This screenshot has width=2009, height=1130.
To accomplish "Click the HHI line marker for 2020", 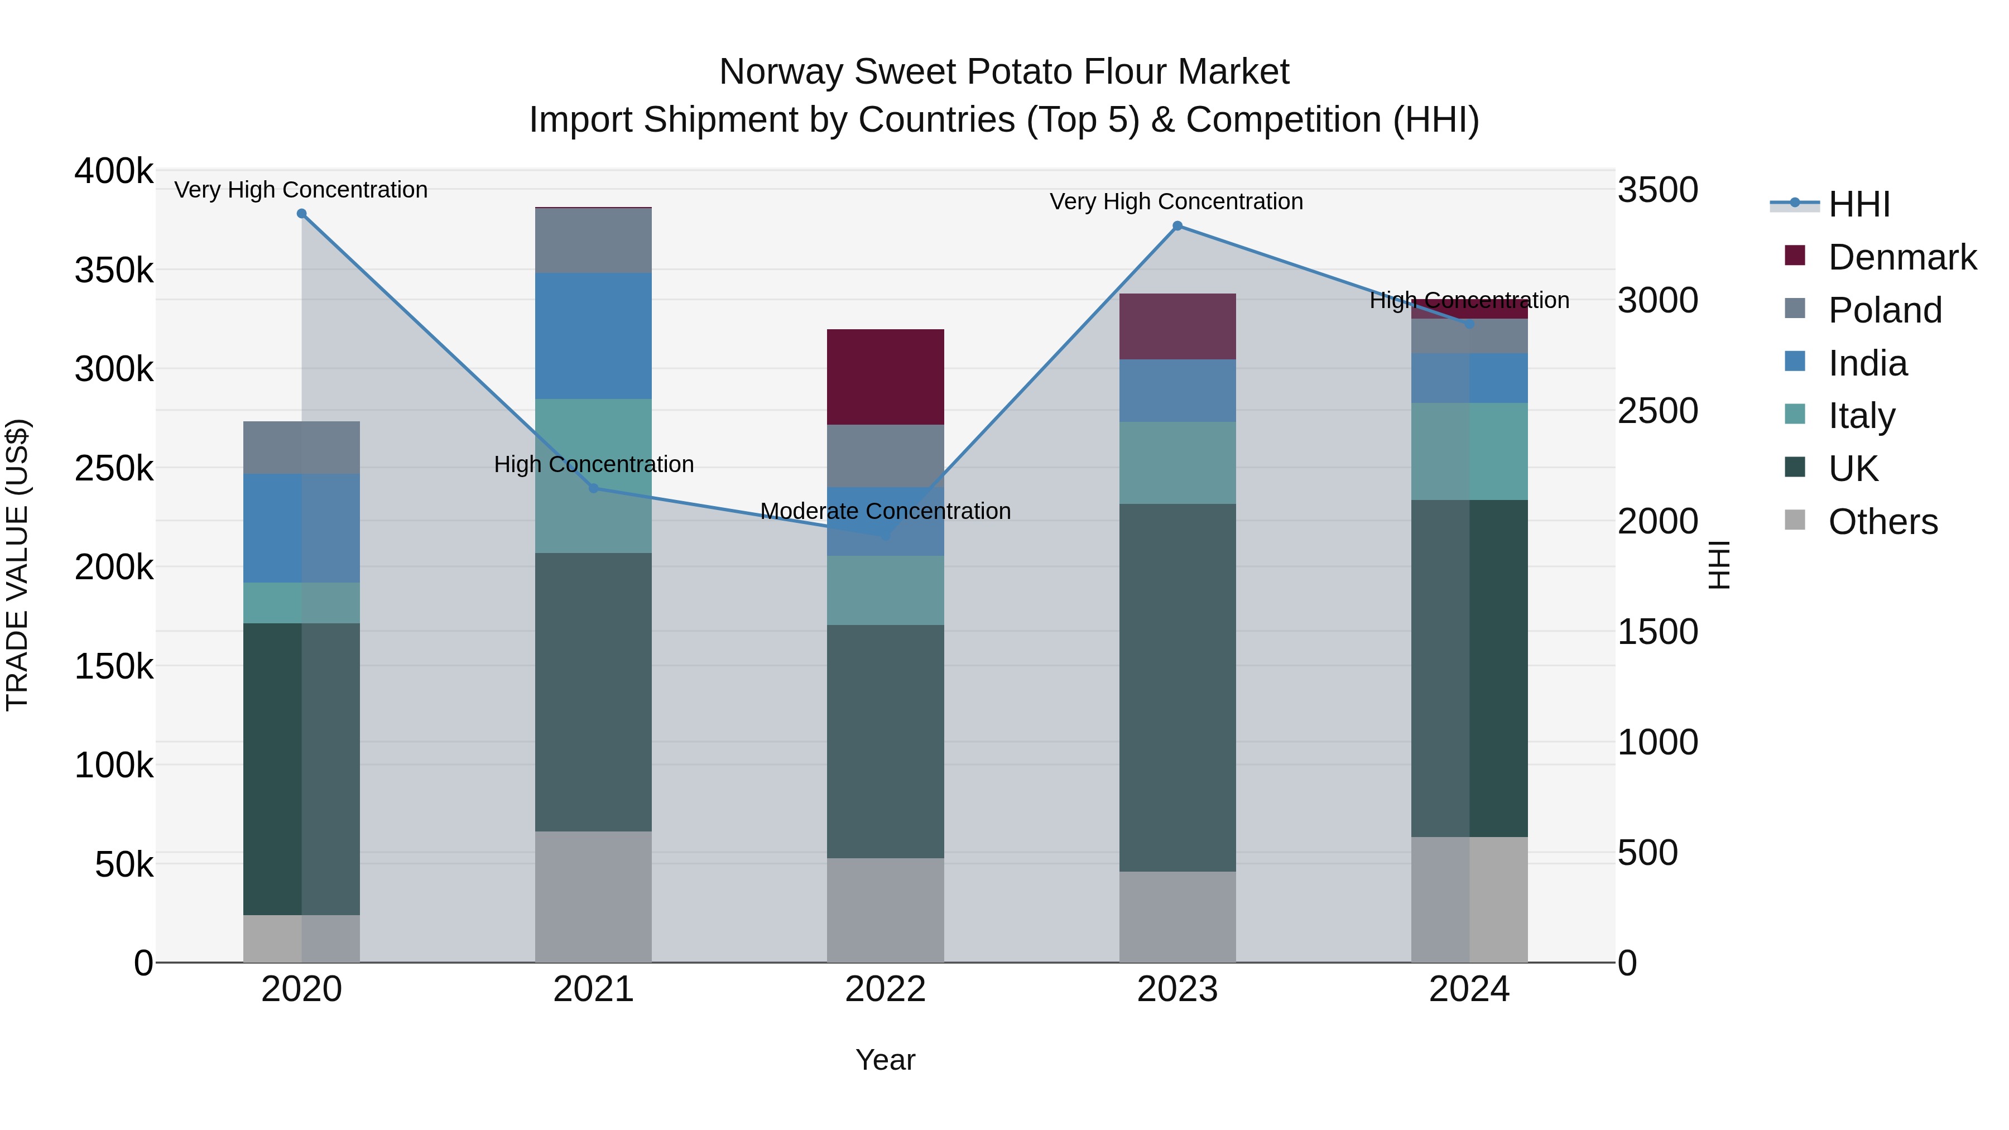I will (302, 214).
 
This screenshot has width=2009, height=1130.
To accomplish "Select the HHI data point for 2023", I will (1177, 226).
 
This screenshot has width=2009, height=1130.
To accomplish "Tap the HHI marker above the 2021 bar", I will (594, 488).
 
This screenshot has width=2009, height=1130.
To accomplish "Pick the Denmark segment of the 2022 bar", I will (885, 377).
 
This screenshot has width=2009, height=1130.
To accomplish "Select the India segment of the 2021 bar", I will (594, 335).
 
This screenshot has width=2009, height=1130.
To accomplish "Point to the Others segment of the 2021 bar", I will (594, 896).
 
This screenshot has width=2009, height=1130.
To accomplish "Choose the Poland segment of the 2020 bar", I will (302, 448).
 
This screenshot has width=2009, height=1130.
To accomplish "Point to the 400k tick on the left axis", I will (114, 171).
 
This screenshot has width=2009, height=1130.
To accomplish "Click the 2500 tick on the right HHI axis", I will (1658, 411).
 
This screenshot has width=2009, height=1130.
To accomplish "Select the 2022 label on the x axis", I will (885, 989).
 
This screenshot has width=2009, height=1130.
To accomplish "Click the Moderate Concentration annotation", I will (885, 512).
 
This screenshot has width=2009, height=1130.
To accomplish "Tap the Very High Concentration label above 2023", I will (1176, 202).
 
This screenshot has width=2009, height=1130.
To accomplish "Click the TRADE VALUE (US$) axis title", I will (17, 565).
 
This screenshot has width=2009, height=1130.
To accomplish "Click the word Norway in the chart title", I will (781, 72).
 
